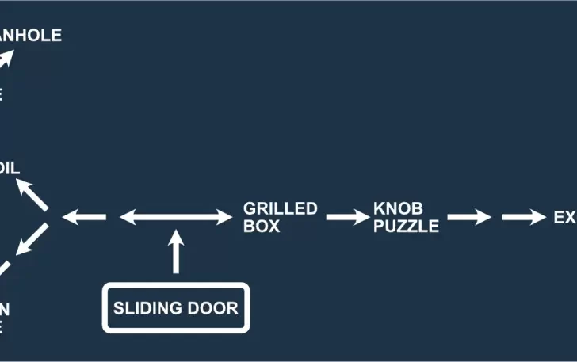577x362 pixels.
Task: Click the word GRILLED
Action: (280, 209)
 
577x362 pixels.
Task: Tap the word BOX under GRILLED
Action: (262, 226)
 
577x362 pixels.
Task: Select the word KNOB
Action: (399, 209)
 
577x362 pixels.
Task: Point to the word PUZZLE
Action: (406, 226)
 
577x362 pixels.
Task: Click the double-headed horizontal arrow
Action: (174, 216)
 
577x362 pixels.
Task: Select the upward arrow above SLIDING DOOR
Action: (176, 252)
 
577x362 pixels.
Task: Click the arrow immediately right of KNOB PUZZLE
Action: (468, 217)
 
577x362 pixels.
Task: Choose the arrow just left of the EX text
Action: (523, 217)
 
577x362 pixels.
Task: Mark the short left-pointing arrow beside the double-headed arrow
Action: (83, 216)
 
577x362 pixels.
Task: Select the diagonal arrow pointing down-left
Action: (32, 239)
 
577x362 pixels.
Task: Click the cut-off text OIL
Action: (10, 168)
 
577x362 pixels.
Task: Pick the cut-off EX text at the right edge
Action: (565, 217)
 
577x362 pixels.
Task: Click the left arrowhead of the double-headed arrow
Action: (127, 216)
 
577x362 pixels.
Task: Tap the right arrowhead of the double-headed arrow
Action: (223, 216)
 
